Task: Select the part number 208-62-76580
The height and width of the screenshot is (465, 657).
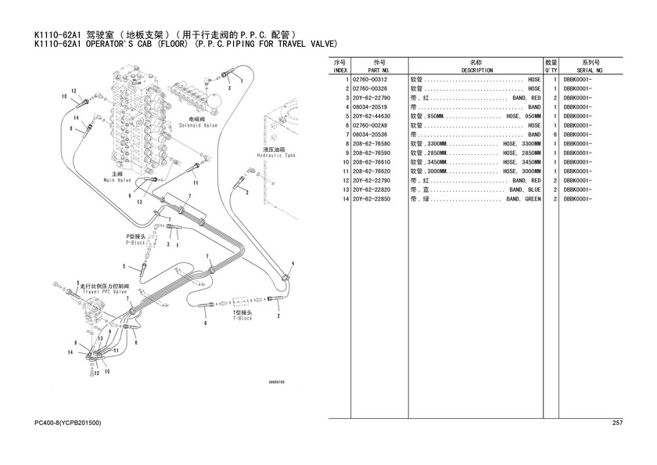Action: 372,143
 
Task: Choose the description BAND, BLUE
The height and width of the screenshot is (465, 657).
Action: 525,190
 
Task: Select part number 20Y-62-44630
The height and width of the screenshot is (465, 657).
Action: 372,116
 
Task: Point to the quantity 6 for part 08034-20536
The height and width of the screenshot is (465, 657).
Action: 554,135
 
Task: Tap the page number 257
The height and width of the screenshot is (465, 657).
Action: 617,423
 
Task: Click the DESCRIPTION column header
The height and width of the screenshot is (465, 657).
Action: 476,70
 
